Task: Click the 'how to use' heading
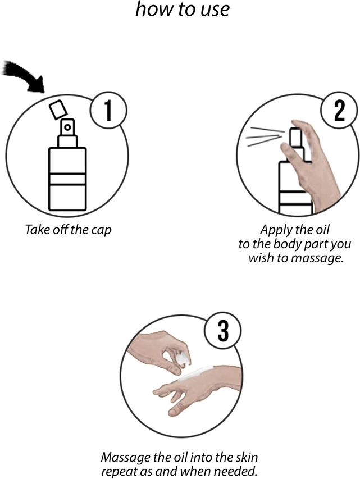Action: point(182,9)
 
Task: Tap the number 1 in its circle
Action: point(108,110)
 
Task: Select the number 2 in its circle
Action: point(339,110)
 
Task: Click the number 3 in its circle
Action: point(224,331)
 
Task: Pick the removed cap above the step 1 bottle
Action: point(58,109)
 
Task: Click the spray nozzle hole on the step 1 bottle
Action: point(67,127)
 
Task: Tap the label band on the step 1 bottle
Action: point(67,179)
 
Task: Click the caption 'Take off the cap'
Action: point(68,230)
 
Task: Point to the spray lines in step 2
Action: point(265,136)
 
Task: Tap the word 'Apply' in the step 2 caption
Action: point(273,230)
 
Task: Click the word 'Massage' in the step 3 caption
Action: point(126,458)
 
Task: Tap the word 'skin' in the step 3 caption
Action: point(247,458)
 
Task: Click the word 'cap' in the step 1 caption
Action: point(102,231)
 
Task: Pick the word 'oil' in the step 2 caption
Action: point(323,230)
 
